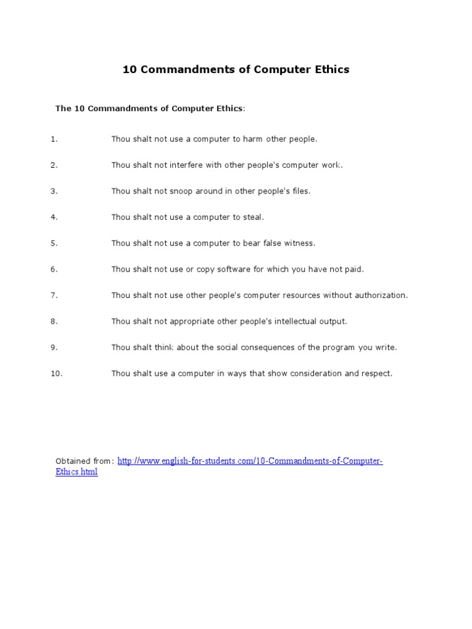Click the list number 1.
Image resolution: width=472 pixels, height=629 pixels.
click(54, 139)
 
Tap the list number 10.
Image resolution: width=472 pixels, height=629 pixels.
click(57, 373)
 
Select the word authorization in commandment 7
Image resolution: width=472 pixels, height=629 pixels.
click(380, 295)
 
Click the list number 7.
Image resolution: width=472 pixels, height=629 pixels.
click(54, 295)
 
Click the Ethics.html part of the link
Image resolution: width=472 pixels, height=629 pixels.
click(77, 473)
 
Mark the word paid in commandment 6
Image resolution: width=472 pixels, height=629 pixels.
click(355, 269)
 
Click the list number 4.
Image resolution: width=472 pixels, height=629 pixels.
click(54, 217)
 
